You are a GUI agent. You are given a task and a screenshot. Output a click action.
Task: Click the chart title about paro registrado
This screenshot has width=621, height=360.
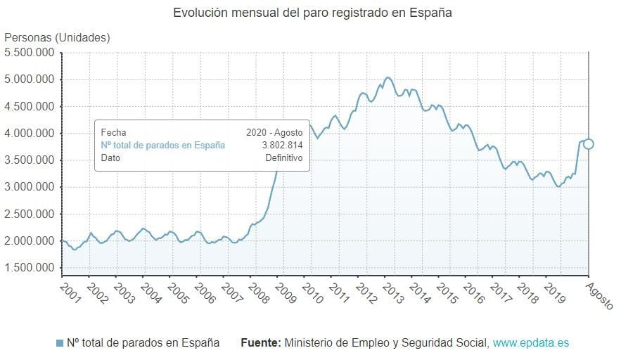point(312,13)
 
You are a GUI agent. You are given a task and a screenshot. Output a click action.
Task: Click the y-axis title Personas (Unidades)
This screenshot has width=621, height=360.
point(58,37)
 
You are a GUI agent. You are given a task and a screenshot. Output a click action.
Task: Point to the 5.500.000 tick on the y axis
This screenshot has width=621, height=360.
point(30,53)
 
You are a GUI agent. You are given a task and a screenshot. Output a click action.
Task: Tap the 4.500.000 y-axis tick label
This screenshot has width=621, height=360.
point(30,106)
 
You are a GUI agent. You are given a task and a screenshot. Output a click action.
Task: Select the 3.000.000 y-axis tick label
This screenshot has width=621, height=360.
point(30,187)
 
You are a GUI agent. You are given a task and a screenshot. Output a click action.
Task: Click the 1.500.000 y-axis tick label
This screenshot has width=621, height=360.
point(30,268)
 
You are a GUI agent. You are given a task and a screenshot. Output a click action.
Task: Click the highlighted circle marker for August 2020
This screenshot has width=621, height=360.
point(589,144)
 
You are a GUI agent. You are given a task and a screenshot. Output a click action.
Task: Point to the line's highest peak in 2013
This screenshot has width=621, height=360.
point(388,77)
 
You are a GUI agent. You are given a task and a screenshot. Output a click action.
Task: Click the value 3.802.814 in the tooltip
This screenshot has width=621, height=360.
point(282,145)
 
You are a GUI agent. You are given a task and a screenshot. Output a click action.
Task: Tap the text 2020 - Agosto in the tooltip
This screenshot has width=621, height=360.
point(274,131)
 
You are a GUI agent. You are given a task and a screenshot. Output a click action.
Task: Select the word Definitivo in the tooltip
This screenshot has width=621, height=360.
point(283,158)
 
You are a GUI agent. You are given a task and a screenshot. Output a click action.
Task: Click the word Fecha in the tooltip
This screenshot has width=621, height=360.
point(113,131)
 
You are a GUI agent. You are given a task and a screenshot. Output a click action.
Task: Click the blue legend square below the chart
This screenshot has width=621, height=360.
point(60,343)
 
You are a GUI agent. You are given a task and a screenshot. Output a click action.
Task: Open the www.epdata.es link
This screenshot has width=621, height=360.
point(530,343)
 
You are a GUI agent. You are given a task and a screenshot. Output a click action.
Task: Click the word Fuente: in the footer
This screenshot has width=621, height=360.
point(261,343)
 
